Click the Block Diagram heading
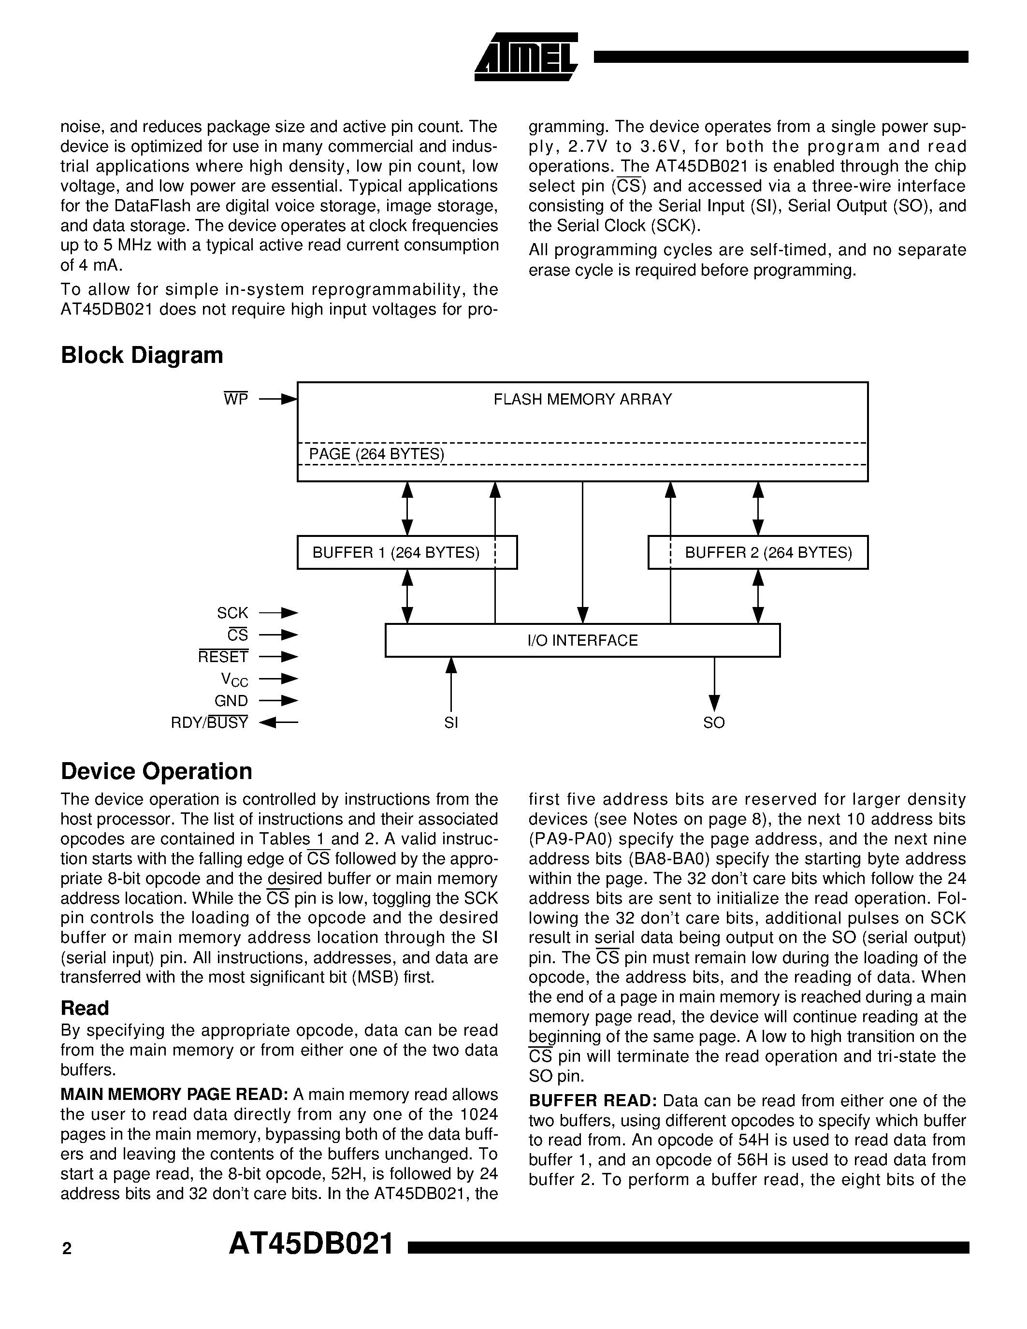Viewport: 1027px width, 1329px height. (142, 355)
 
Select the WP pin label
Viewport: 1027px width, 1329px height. (236, 399)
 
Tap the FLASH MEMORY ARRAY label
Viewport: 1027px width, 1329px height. (582, 399)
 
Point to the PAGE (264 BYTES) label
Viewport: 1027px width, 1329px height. (376, 454)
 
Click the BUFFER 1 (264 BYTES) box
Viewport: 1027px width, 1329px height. (406, 552)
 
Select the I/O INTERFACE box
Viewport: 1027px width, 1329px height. (582, 640)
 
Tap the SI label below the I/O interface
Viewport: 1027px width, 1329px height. (451, 723)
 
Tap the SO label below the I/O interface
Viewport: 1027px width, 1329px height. (714, 723)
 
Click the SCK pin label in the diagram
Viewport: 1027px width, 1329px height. (232, 613)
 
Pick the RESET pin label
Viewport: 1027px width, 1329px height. (223, 657)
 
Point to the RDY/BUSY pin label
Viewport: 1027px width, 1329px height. (209, 723)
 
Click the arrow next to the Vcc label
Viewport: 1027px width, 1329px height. (279, 679)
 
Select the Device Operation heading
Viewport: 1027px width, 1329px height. (157, 771)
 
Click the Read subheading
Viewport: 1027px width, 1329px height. (85, 1008)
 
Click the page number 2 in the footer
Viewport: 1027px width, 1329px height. (67, 1249)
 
